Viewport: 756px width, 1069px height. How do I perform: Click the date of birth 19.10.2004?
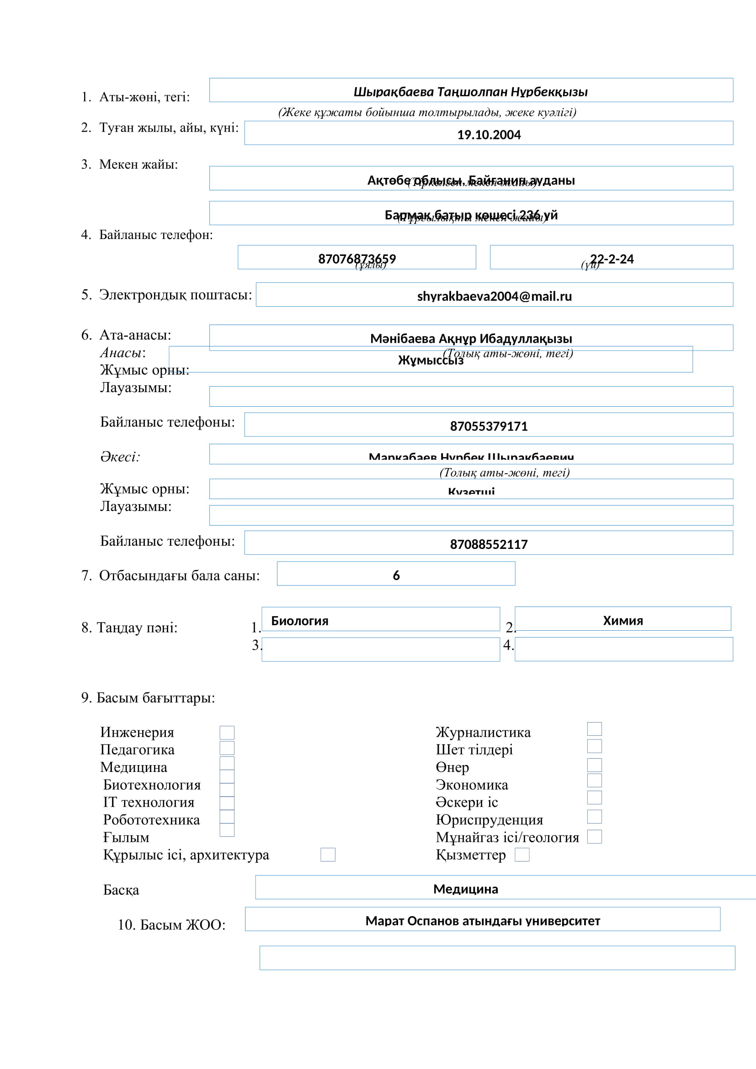click(488, 135)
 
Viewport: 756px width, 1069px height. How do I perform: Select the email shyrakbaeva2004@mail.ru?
click(494, 296)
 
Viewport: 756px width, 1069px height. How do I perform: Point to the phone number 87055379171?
click(488, 426)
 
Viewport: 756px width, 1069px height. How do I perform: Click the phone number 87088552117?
click(488, 544)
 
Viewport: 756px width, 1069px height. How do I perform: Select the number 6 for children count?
click(396, 575)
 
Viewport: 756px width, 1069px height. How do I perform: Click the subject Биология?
click(300, 621)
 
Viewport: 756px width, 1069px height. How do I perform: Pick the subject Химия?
click(623, 621)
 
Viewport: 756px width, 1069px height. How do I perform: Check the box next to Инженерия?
click(227, 733)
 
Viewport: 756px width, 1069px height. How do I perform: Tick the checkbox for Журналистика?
click(595, 729)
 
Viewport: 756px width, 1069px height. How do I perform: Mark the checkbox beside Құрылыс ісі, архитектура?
click(328, 855)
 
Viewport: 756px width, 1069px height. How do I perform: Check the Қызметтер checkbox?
click(522, 855)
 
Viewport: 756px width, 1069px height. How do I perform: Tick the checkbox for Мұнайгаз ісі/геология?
click(595, 837)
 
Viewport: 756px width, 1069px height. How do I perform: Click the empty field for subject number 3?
click(380, 649)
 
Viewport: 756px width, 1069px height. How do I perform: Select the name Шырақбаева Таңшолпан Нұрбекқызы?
click(470, 92)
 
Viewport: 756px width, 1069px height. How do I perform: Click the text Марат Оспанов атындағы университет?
click(482, 921)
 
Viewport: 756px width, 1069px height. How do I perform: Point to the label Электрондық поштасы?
click(175, 295)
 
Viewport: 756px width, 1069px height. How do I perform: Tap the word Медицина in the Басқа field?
click(465, 889)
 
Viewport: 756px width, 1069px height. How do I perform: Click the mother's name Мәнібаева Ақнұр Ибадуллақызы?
click(471, 339)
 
